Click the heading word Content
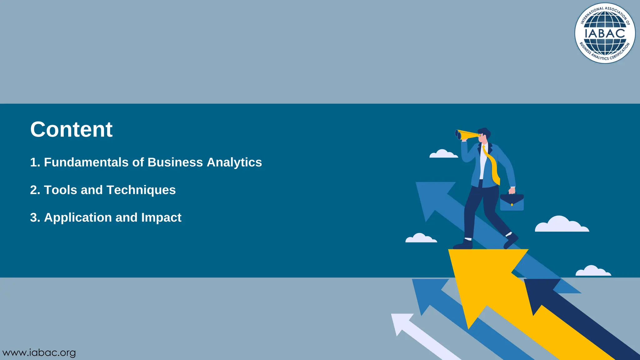[x=71, y=129]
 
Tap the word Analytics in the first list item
[x=234, y=162]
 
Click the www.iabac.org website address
[x=39, y=353]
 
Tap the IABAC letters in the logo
[x=605, y=33]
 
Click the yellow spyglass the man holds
[x=466, y=135]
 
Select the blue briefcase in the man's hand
[x=512, y=202]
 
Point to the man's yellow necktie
[x=492, y=166]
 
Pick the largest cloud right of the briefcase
[x=562, y=224]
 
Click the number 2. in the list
[x=35, y=190]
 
